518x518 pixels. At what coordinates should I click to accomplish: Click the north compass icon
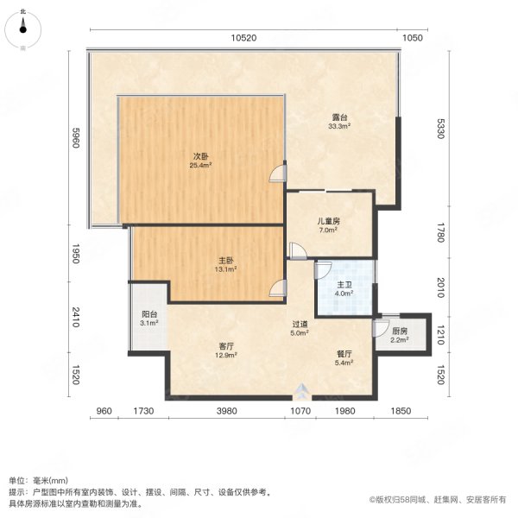pyautogui.click(x=22, y=29)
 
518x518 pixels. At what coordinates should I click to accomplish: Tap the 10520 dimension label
pyautogui.click(x=243, y=38)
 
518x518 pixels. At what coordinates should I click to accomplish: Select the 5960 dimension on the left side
pyautogui.click(x=76, y=138)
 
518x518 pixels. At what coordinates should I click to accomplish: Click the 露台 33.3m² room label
pyautogui.click(x=339, y=121)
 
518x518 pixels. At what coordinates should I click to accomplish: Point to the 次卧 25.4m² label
pyautogui.click(x=200, y=161)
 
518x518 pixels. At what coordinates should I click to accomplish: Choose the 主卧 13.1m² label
pyautogui.click(x=225, y=265)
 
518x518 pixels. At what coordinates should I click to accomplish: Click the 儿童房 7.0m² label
pyautogui.click(x=328, y=225)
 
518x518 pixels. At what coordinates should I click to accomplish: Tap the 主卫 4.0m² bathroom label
pyautogui.click(x=344, y=288)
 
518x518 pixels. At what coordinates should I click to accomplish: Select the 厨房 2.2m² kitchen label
pyautogui.click(x=400, y=335)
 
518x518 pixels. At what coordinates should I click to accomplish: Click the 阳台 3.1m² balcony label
pyautogui.click(x=149, y=319)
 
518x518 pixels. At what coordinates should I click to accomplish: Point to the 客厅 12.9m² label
pyautogui.click(x=226, y=351)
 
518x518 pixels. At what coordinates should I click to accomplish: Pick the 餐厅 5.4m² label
pyautogui.click(x=344, y=358)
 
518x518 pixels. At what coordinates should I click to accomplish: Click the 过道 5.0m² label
pyautogui.click(x=300, y=328)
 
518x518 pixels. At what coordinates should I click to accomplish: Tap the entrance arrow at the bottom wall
pyautogui.click(x=301, y=391)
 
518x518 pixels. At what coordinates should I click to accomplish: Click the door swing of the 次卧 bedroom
pyautogui.click(x=277, y=174)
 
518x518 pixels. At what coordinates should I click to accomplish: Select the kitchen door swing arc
pyautogui.click(x=381, y=329)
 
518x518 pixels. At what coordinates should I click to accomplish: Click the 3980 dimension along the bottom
pyautogui.click(x=226, y=411)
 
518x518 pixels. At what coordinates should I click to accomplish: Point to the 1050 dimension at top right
pyautogui.click(x=413, y=38)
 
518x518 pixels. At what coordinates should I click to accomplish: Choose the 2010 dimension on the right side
pyautogui.click(x=440, y=287)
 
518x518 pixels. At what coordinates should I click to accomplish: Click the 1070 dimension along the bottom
pyautogui.click(x=300, y=411)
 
